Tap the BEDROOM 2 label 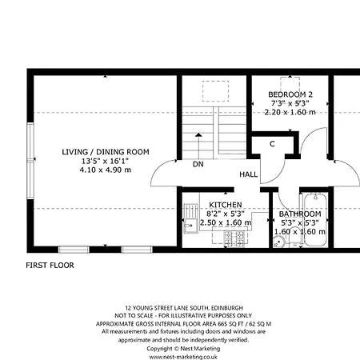click(290, 94)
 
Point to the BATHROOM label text click(300, 214)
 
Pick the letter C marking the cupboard click(272, 144)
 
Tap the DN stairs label click(197, 166)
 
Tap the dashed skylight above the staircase click(213, 91)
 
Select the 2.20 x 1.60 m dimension click(290, 112)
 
